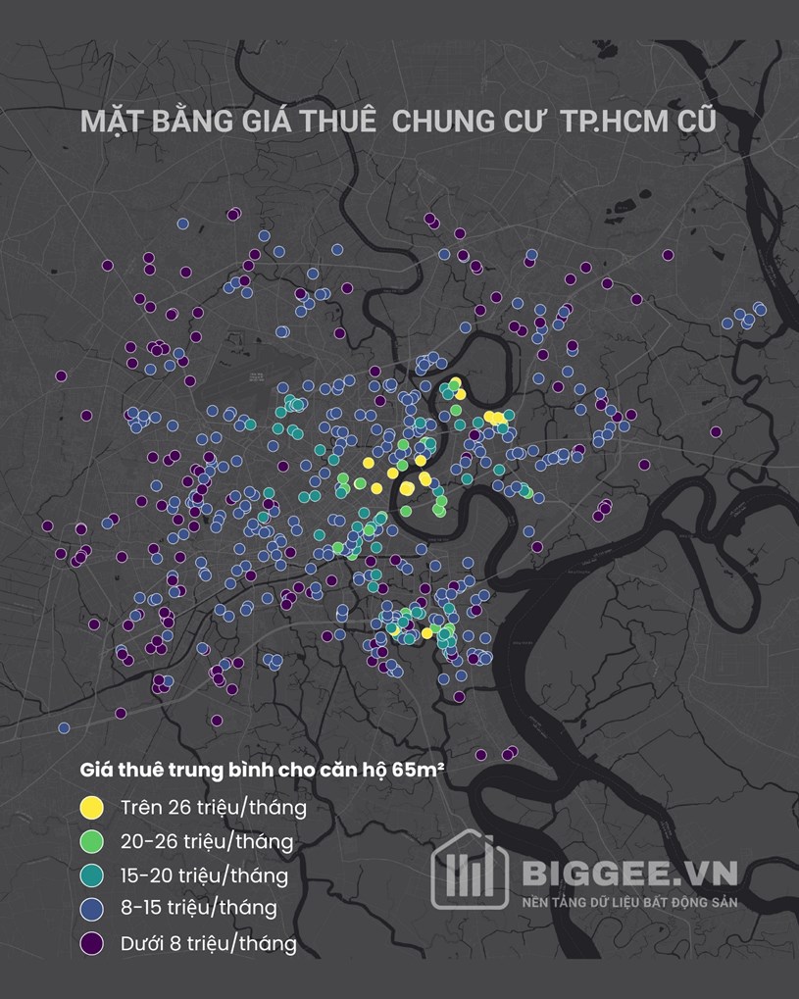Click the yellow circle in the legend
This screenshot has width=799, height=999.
pos(92,807)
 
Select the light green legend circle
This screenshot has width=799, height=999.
pos(92,841)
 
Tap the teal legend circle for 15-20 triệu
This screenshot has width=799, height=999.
pos(92,875)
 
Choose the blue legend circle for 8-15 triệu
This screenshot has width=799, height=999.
pos(92,910)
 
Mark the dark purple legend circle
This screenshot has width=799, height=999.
pos(92,944)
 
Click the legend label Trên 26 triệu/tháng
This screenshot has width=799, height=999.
pos(214,808)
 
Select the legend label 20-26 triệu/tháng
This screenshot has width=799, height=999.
pos(207,842)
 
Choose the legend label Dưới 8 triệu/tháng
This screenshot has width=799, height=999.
pos(209,945)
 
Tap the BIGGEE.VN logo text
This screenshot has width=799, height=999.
pos(629,874)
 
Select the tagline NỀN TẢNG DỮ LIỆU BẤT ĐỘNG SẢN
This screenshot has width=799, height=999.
pos(629,902)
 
